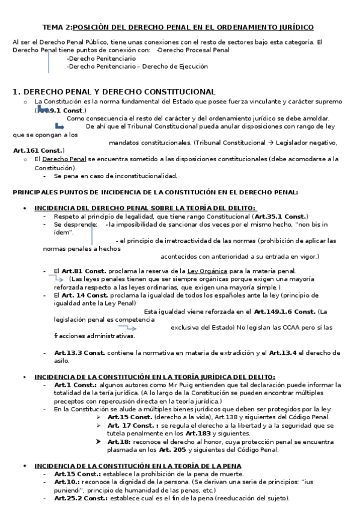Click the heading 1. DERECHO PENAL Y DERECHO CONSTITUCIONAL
point(114,91)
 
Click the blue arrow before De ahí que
point(59,127)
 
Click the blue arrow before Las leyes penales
point(58,279)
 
